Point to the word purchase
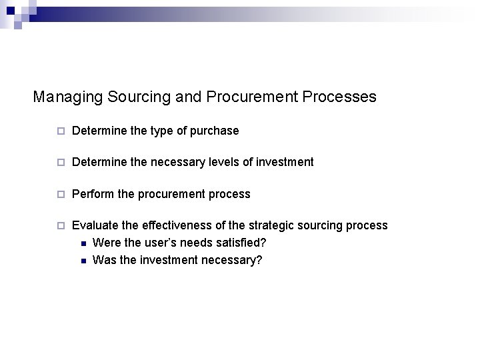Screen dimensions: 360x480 point(215,131)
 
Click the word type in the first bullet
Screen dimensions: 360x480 point(164,131)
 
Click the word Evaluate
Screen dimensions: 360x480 point(95,225)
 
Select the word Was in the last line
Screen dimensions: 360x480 point(104,260)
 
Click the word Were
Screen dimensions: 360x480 point(107,243)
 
